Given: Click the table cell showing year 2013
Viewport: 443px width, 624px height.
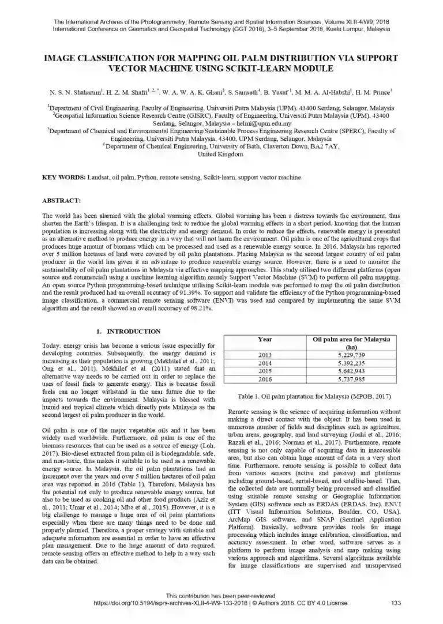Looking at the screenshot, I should coord(265,355).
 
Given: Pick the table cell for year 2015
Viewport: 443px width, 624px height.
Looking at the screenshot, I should coord(265,371).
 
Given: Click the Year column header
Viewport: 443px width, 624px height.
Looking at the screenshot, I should coord(265,339).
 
